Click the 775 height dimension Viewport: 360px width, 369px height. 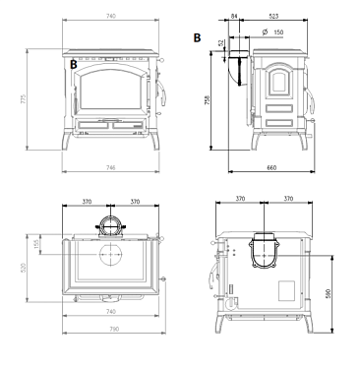(x=23, y=99)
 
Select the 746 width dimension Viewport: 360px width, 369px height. (x=111, y=168)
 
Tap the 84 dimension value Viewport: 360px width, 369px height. (x=234, y=16)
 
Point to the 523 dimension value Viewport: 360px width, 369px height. (x=273, y=16)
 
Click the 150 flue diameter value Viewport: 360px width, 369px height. (x=278, y=32)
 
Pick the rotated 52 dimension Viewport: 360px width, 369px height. (x=221, y=42)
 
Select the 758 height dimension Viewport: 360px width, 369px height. (x=207, y=100)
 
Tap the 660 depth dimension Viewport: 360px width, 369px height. (x=271, y=168)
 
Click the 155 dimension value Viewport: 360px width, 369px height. (x=36, y=244)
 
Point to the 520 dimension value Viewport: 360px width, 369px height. (x=23, y=268)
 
